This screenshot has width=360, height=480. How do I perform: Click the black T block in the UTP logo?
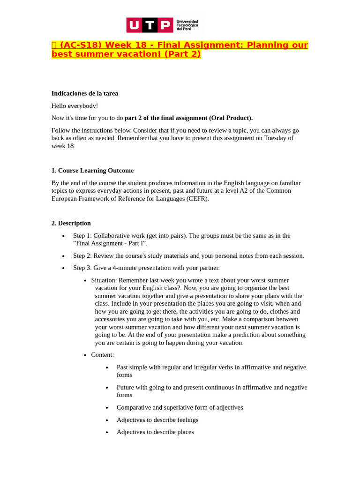[150, 25]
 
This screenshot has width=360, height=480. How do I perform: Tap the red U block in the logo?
[134, 25]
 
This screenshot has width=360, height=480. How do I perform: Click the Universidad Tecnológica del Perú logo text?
[187, 25]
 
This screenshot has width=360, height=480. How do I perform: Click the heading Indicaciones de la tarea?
[85, 93]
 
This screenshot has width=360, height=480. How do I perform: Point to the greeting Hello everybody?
[75, 106]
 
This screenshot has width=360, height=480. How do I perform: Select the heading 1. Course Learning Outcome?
[92, 171]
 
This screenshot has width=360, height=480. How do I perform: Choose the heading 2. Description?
[71, 223]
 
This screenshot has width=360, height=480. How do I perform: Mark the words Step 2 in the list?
[82, 255]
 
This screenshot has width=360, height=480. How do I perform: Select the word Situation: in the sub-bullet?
[104, 280]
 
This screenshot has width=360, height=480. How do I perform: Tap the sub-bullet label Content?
[102, 355]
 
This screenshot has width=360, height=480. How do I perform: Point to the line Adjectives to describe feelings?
[157, 420]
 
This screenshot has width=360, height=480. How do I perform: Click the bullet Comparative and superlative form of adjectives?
[180, 407]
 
